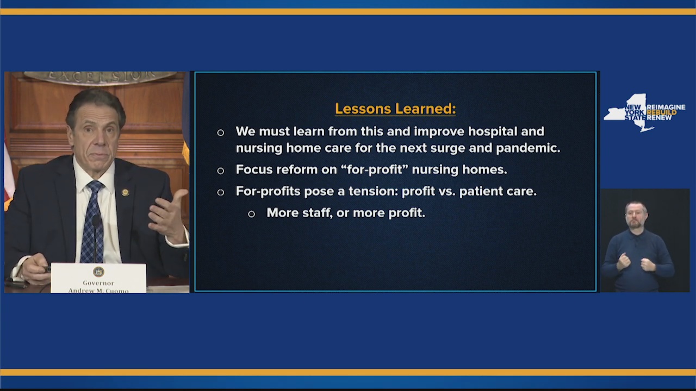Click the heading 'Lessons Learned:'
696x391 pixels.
395,109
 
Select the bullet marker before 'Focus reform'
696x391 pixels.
220,171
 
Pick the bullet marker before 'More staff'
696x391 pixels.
251,214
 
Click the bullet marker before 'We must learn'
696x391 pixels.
220,133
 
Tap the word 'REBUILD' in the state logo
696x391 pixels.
662,112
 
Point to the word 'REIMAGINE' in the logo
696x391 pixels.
666,108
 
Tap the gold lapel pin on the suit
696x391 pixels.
125,192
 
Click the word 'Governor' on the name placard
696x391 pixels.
98,283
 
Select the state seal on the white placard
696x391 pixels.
98,272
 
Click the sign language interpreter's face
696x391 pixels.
636,215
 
